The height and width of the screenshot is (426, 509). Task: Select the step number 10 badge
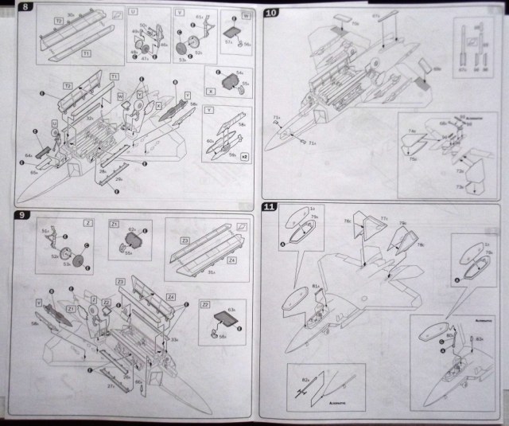270,14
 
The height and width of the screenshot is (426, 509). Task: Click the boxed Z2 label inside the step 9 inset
205,304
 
